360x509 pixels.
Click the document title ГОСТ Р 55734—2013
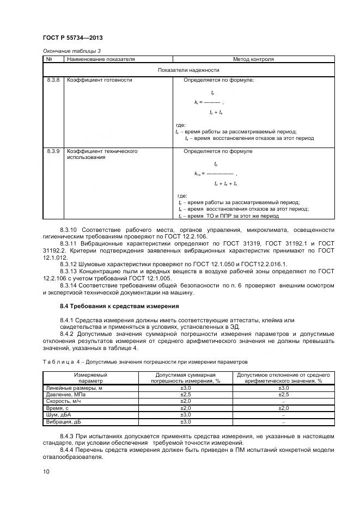click(x=72, y=38)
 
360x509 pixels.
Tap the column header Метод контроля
click(x=253, y=59)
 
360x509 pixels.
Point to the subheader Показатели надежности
click(x=188, y=70)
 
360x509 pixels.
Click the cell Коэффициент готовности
click(x=99, y=80)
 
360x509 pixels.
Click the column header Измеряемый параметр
click(x=90, y=378)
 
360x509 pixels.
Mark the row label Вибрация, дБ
click(x=63, y=422)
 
